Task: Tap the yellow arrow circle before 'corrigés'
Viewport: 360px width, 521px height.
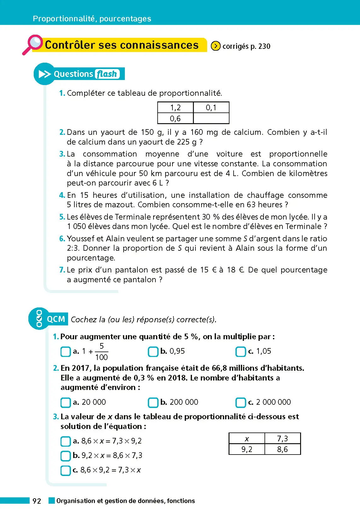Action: [216, 46]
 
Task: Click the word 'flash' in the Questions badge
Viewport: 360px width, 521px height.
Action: [107, 74]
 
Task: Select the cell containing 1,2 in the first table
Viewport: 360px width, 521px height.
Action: [175, 107]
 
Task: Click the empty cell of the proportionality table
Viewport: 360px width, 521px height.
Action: [211, 118]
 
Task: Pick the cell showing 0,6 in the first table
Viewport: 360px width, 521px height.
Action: [175, 118]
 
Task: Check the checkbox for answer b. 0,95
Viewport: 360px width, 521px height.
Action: [153, 352]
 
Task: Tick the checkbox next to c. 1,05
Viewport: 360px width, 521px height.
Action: [241, 352]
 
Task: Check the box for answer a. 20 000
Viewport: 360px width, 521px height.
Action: [66, 403]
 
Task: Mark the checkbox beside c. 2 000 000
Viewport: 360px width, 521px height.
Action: [241, 403]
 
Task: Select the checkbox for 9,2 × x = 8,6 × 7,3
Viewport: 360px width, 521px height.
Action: [66, 455]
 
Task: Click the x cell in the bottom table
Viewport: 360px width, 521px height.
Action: [247, 438]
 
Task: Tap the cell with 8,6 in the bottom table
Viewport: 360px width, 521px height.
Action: [282, 449]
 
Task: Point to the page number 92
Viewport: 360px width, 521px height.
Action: [37, 501]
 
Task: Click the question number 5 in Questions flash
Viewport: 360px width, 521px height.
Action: [62, 217]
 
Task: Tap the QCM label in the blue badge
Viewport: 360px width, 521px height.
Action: [56, 319]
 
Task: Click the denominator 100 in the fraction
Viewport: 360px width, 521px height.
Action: [102, 357]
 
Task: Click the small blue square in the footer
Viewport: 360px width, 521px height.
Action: [52, 501]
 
